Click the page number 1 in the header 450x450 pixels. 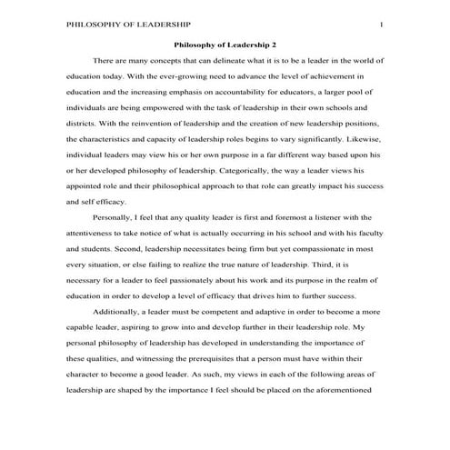pyautogui.click(x=381, y=24)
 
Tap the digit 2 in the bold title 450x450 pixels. pyautogui.click(x=275, y=44)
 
